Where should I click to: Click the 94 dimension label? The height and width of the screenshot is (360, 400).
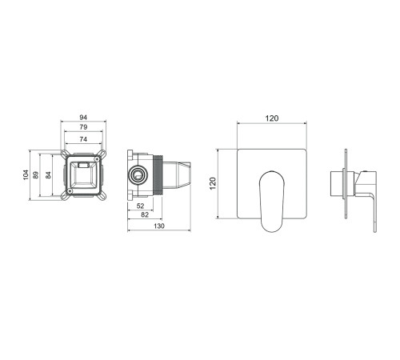tap(83, 118)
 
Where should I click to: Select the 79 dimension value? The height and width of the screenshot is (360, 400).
tap(83, 127)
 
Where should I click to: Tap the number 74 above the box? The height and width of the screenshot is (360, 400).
tap(83, 139)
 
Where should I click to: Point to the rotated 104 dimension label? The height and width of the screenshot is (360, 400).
tap(26, 174)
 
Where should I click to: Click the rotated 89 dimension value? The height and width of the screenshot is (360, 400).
tap(35, 175)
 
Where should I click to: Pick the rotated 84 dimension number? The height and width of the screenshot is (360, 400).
tap(48, 175)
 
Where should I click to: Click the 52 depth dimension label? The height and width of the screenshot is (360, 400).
tap(140, 206)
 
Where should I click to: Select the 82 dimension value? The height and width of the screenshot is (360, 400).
tap(145, 214)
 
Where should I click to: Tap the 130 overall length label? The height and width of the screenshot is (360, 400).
tap(159, 226)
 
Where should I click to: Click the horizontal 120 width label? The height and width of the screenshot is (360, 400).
tap(272, 118)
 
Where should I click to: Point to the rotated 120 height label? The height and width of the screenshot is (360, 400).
tap(213, 183)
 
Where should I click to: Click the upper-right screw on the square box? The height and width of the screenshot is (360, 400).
tap(97, 158)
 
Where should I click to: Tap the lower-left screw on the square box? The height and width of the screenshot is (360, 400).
tap(70, 190)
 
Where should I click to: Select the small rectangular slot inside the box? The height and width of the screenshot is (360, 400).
tap(83, 165)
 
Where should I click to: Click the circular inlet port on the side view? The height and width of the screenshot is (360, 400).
tap(138, 175)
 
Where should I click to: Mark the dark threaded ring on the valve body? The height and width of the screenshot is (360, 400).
tap(158, 175)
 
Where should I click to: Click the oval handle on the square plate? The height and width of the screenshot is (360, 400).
tap(271, 202)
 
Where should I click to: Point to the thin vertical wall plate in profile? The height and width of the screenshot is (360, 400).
tap(346, 184)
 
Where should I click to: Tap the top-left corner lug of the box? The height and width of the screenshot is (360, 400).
tap(65, 154)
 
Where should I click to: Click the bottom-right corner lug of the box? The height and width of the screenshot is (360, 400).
tap(102, 197)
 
